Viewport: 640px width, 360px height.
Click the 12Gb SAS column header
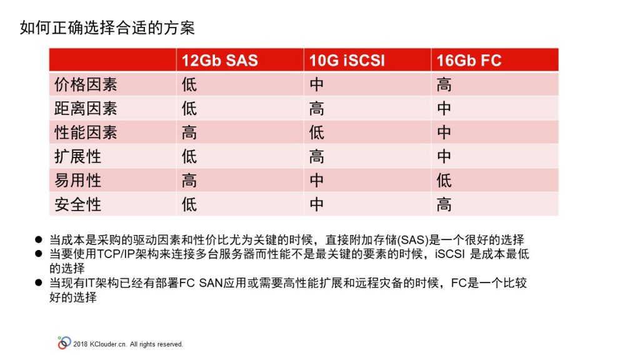(219, 61)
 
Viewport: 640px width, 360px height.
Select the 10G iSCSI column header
(347, 61)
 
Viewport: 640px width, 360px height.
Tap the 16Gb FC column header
(469, 61)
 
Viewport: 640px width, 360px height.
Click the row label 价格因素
(86, 84)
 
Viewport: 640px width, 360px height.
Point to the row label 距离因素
(86, 109)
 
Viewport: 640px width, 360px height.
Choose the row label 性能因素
(86, 132)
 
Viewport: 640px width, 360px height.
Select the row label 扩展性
(77, 157)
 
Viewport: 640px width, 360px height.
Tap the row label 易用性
(77, 181)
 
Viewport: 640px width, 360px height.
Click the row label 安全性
(77, 204)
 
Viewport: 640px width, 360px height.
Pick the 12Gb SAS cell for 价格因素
(189, 84)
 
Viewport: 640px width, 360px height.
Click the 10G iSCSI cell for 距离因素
(317, 109)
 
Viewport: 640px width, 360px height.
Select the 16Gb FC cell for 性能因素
(444, 132)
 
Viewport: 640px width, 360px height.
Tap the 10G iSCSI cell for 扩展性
(317, 157)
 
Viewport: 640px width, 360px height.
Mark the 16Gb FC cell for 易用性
(444, 181)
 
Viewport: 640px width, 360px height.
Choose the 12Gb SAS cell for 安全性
(189, 204)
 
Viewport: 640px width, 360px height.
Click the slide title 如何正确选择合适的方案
(107, 27)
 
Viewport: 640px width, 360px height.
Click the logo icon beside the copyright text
(64, 343)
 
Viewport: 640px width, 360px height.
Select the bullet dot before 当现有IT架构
(39, 282)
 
